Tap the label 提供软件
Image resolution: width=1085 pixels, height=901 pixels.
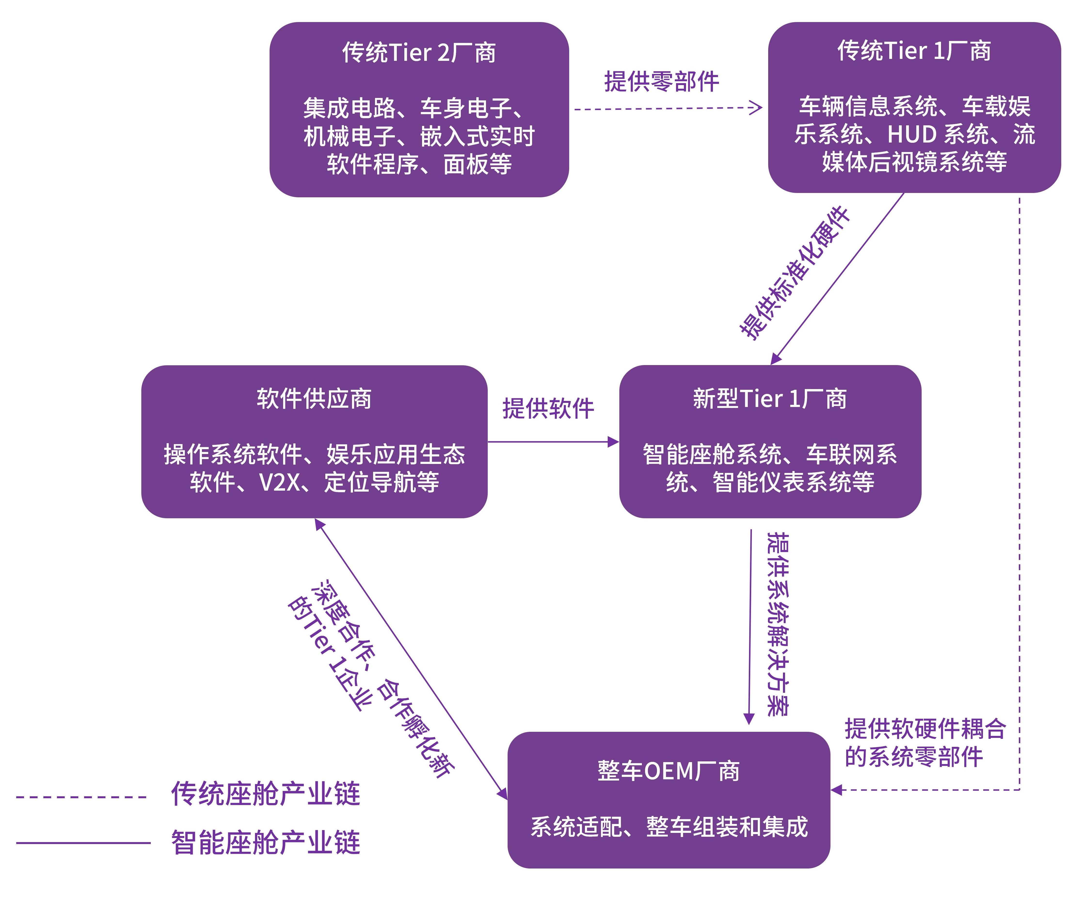tap(548, 408)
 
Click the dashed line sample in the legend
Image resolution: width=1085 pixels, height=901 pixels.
tap(82, 797)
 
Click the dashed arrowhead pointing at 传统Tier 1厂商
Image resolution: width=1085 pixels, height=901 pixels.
tap(756, 108)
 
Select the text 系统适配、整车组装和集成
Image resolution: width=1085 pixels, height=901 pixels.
tap(669, 827)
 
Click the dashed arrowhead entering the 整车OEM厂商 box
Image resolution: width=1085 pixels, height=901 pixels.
tap(837, 789)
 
